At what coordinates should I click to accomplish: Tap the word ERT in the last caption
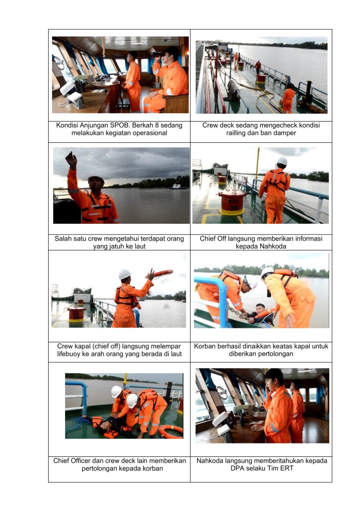[x=287, y=468]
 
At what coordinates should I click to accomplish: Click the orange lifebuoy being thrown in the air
[x=163, y=273]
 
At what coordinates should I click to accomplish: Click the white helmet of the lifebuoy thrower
[x=125, y=274]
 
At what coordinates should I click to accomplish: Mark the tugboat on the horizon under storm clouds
[x=178, y=187]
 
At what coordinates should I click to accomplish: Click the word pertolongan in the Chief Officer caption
[x=99, y=468]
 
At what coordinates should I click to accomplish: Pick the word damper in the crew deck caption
[x=285, y=133]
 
